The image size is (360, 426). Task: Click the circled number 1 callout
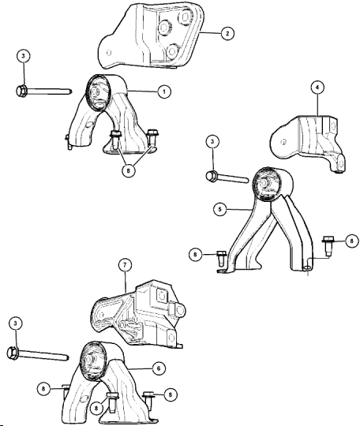pos(164,92)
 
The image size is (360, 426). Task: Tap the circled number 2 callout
pos(227,33)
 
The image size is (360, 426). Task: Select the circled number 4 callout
pos(318,88)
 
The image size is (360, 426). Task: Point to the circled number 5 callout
pos(219,209)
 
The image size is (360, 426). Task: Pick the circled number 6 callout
pos(159,368)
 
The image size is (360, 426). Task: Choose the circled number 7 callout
pos(125,265)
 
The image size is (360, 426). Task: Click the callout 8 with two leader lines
pos(129,171)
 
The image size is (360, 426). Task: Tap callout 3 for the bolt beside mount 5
pos(212,141)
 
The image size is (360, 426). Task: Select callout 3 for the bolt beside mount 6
pos(15,323)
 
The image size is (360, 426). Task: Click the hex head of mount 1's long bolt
pos(21,90)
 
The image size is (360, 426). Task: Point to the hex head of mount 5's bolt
pos(212,177)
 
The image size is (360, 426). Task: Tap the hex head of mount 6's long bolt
pos(12,353)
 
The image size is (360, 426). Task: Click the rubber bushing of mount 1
pos(99,93)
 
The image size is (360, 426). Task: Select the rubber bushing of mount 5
pos(266,185)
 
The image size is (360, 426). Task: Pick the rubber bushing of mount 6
pos(92,361)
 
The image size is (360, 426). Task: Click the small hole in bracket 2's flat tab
pos(109,52)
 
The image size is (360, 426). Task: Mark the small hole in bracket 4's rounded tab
pos(283,141)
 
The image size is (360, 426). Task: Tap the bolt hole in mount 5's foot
pos(306,268)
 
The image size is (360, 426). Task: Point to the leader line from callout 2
pos(210,33)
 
